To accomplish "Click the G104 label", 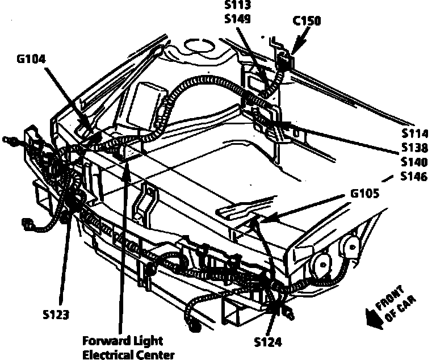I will [x=32, y=58].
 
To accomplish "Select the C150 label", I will [x=307, y=22].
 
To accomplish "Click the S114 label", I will [x=413, y=134].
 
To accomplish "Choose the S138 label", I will [x=413, y=148].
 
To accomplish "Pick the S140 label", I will [x=413, y=162].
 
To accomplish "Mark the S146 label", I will [x=413, y=177].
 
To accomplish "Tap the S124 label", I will [x=267, y=343].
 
